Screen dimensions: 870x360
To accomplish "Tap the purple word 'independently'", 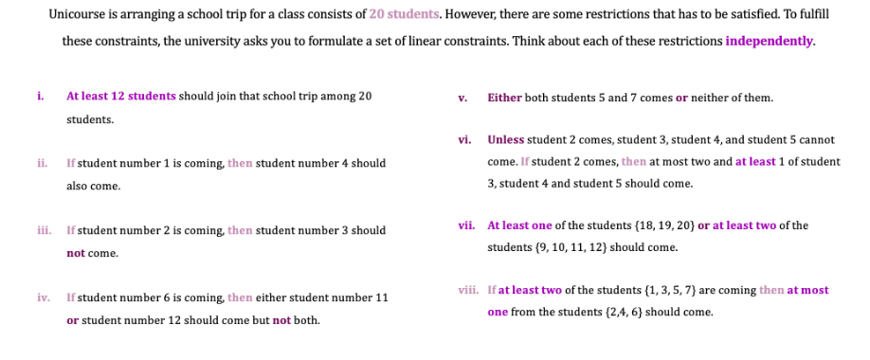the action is coord(770,41).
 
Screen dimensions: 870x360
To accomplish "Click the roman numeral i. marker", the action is coord(40,96).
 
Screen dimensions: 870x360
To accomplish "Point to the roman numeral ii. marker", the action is coord(41,163).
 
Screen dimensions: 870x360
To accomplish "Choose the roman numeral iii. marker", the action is coord(42,230).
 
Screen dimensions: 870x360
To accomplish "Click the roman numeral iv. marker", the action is coord(43,297).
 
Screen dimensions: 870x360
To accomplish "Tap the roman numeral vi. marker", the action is coord(464,139).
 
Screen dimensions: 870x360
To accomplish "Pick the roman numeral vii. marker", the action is coord(465,225).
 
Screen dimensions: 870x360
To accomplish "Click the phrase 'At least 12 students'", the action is coord(121,96).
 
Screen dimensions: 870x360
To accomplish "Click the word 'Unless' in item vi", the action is coord(506,139).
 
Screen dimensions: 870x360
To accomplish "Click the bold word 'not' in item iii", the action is coord(77,253).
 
